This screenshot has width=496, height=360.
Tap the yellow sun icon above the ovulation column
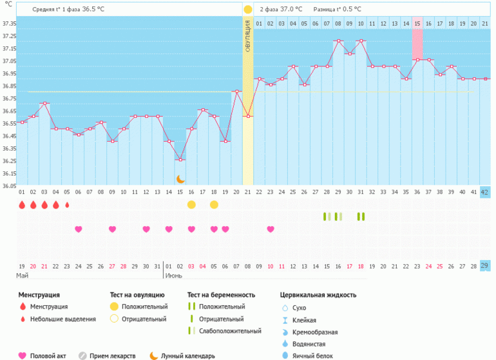click(248, 10)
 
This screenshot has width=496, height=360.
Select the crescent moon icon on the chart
click(181, 178)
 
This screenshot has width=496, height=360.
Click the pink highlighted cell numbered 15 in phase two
click(417, 23)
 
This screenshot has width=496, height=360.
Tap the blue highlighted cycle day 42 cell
click(485, 192)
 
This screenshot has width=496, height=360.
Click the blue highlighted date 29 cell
click(485, 266)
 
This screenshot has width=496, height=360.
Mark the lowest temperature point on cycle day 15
click(180, 160)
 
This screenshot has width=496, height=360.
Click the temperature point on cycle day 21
click(248, 116)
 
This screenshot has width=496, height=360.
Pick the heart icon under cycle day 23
click(271, 229)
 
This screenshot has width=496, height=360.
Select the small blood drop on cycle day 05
click(67, 205)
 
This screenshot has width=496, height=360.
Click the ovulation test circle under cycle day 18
click(214, 204)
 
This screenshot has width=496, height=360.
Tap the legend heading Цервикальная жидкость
click(318, 295)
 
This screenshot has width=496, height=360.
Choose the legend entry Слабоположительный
click(230, 330)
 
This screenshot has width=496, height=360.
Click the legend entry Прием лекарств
click(113, 355)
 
